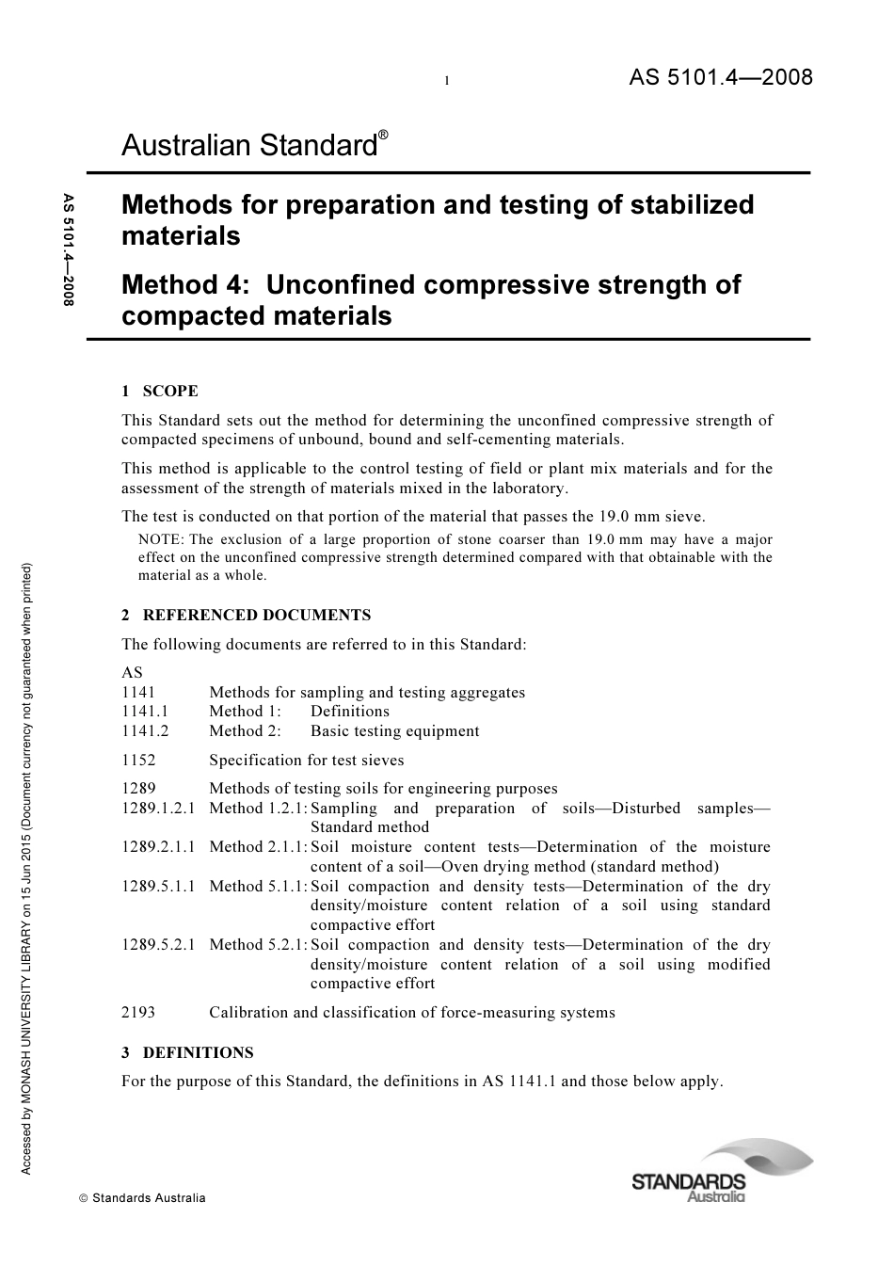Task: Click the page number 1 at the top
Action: coord(447,81)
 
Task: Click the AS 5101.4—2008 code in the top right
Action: coord(720,77)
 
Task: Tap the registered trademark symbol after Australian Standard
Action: coord(383,135)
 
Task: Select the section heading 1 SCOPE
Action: coord(160,392)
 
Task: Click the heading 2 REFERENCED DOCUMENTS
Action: coord(247,616)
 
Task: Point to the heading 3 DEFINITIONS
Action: coord(187,1052)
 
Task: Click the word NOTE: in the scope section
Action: coord(161,540)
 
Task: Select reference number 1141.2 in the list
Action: coord(145,731)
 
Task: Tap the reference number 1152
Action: coord(138,761)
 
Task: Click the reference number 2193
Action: coord(138,1013)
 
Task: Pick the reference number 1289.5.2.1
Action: coord(158,945)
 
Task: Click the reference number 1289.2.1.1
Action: coord(158,847)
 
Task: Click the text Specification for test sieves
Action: coord(307,761)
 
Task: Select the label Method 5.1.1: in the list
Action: coord(258,887)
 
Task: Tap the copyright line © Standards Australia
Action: coord(142,1198)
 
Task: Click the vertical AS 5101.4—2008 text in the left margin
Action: coord(69,249)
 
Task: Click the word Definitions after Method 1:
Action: coord(349,712)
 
